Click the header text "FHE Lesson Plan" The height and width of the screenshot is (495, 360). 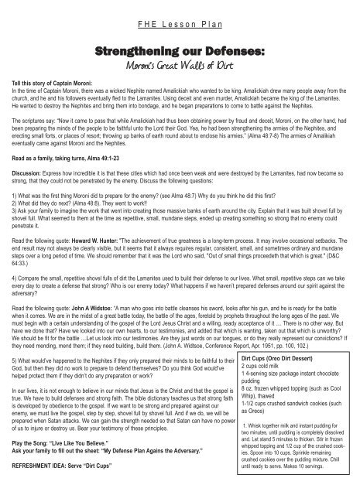point(180,24)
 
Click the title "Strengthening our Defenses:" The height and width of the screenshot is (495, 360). point(180,51)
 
